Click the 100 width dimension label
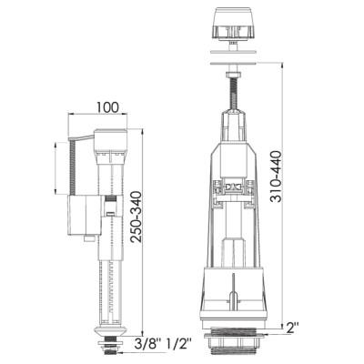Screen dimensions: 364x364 click(107, 107)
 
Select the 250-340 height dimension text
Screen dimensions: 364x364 click(136, 217)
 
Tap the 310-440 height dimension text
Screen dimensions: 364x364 click(276, 177)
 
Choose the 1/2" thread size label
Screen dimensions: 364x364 click(179, 344)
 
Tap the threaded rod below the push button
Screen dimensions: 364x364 click(233, 94)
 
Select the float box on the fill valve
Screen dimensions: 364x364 click(84, 215)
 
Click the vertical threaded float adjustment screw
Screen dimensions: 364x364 click(72, 167)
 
